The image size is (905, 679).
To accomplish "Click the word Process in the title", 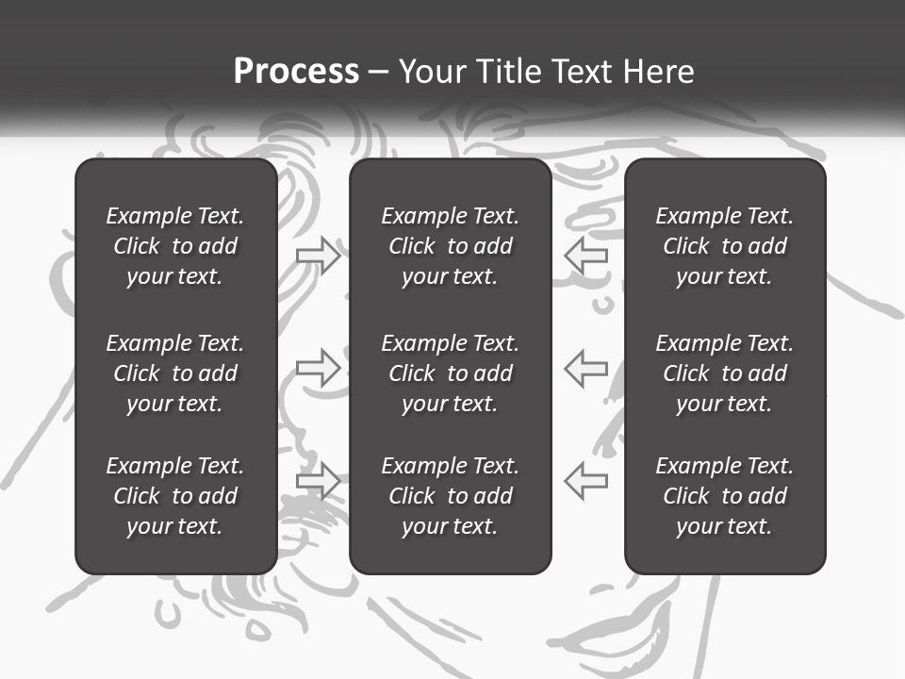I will pyautogui.click(x=296, y=72).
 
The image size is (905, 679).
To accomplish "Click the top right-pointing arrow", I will pyautogui.click(x=319, y=256).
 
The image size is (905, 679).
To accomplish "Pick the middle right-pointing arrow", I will pyautogui.click(x=319, y=368).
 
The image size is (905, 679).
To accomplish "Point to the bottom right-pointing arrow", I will pyautogui.click(x=319, y=481).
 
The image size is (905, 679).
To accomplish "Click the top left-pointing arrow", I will pyautogui.click(x=585, y=256).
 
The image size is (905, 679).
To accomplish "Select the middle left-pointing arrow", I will pyautogui.click(x=585, y=368).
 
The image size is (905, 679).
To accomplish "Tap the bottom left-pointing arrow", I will pyautogui.click(x=585, y=481).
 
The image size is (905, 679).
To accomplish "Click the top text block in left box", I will pyautogui.click(x=175, y=246).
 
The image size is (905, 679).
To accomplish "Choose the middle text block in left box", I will pyautogui.click(x=175, y=373).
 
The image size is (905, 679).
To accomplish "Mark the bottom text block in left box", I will pyautogui.click(x=175, y=496).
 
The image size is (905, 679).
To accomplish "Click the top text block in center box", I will pyautogui.click(x=450, y=246).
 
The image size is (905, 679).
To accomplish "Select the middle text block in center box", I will pyautogui.click(x=450, y=373).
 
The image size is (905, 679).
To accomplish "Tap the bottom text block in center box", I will pyautogui.click(x=450, y=496).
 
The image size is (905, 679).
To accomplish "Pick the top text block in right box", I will pyautogui.click(x=724, y=246).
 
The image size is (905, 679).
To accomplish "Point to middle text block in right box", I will pyautogui.click(x=724, y=373).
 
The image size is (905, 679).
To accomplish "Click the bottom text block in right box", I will pyautogui.click(x=724, y=496).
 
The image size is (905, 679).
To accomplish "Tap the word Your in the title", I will pyautogui.click(x=433, y=72).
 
